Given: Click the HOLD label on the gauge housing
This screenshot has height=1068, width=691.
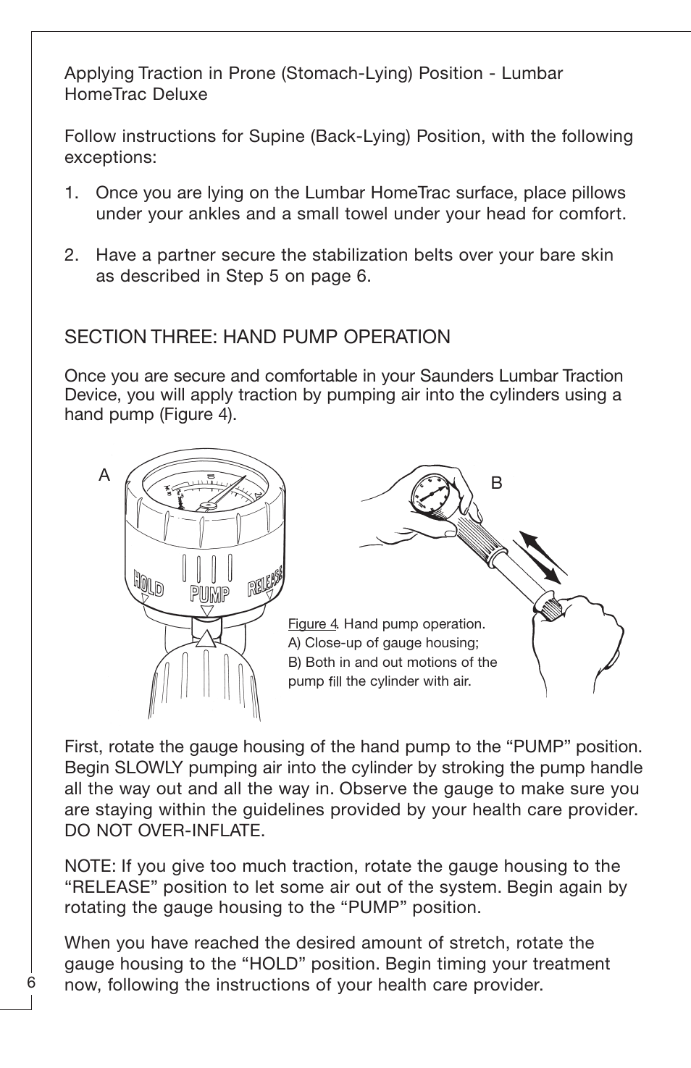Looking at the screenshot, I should [148, 584].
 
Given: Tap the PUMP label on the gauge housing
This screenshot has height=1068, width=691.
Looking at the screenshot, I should [209, 594].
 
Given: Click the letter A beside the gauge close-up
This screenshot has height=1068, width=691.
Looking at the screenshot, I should [105, 476].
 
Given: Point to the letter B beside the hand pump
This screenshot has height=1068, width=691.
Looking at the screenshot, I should [496, 483].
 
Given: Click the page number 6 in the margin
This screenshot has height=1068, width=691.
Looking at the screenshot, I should [31, 983].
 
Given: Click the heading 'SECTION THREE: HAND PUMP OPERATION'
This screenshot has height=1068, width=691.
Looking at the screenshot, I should [257, 337].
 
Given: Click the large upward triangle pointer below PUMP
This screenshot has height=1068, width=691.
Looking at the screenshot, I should [206, 637].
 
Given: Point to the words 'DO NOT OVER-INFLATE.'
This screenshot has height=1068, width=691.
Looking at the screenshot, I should [164, 831].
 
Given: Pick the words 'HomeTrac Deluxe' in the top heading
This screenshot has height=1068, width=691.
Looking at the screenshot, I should [135, 95].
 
